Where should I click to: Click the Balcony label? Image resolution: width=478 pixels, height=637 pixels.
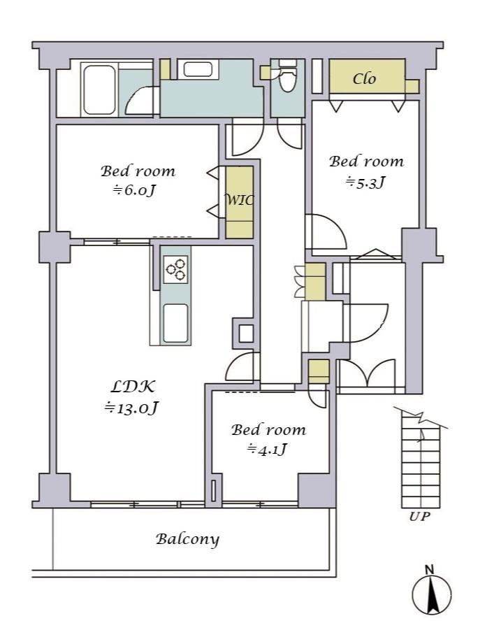pos(187,540)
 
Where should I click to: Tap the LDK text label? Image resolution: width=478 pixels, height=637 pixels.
pos(132,387)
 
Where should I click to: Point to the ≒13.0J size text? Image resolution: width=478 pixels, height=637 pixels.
pos(131,408)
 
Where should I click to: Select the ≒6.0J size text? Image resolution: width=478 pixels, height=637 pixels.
pos(134,190)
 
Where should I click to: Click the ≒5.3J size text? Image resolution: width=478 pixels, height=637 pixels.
pos(365,182)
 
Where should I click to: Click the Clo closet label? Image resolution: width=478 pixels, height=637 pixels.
pos(364,78)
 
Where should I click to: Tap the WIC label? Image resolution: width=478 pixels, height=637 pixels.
pos(240,199)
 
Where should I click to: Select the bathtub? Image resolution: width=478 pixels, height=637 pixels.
pos(99,90)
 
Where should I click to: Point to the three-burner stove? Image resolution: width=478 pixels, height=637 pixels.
pos(176,269)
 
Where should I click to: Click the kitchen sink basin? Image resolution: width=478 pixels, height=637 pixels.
pos(176,323)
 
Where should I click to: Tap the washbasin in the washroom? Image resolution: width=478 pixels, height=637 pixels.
pos(198,69)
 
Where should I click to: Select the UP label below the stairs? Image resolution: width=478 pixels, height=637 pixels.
pos(419,517)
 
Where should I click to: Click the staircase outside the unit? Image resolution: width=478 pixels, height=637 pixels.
pos(420,463)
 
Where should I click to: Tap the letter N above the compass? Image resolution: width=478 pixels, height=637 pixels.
pos(429,570)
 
